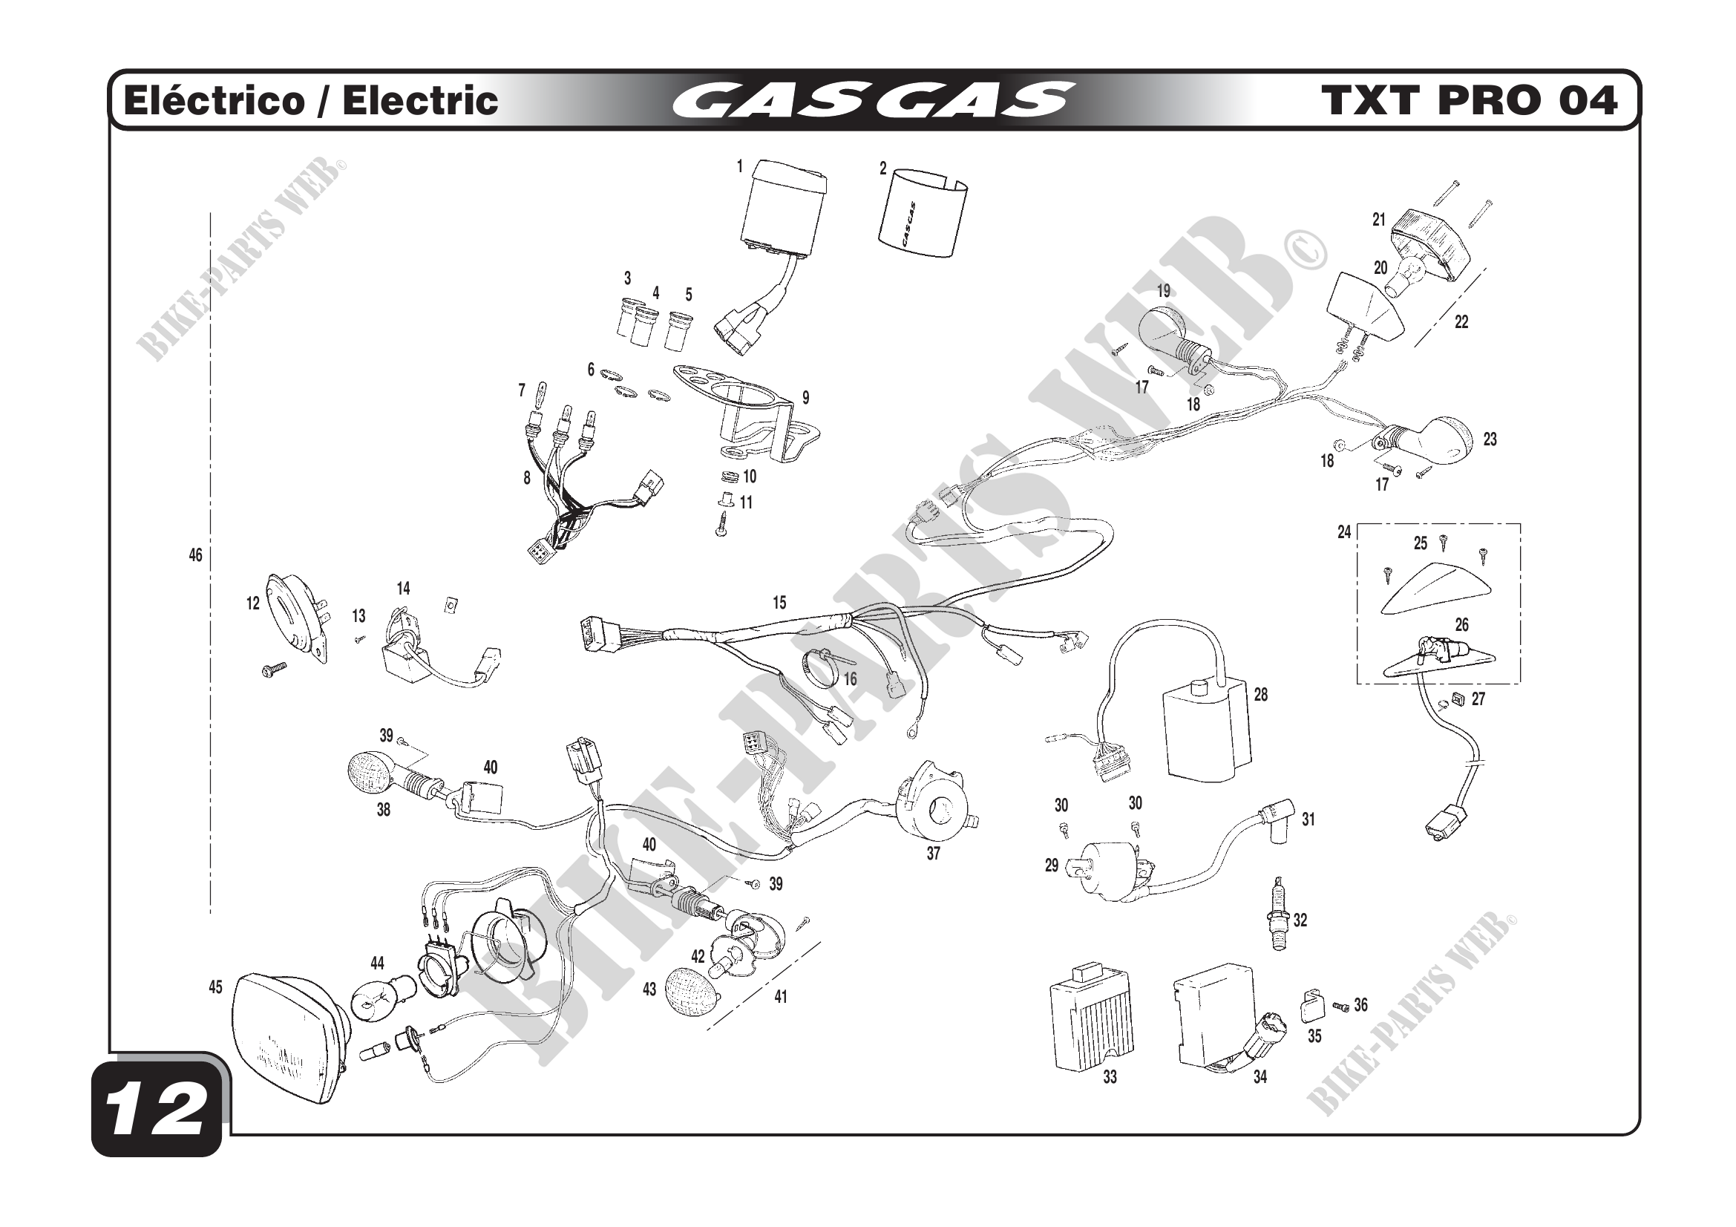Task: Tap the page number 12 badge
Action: coord(157,1110)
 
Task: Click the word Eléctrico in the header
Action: coord(212,100)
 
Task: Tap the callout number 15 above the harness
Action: coord(779,603)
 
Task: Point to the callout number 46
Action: coord(195,556)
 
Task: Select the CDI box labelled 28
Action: coord(1206,730)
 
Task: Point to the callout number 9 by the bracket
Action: coord(806,398)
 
